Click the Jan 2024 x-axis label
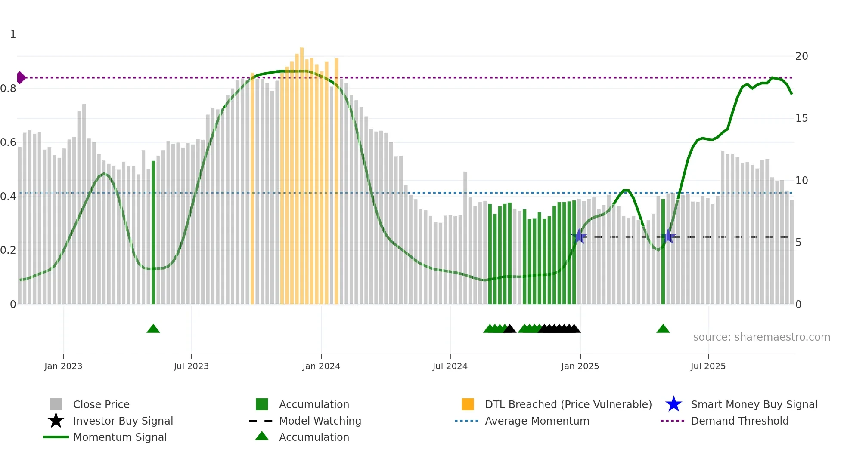click(321, 366)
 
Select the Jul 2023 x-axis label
click(191, 366)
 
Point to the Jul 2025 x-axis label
click(708, 366)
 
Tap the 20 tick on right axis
click(801, 56)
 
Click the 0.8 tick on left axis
click(8, 89)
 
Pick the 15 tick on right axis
click(801, 118)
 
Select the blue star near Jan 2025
click(580, 236)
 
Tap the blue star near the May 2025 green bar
click(668, 236)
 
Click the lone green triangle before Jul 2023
click(153, 329)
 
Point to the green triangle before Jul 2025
click(663, 329)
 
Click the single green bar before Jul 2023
click(153, 232)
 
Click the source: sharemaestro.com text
click(761, 337)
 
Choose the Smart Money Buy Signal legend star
click(673, 404)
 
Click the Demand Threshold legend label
click(739, 421)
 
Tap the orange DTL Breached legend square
click(468, 404)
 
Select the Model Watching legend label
click(320, 421)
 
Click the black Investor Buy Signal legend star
click(56, 421)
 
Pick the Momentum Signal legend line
click(56, 437)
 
